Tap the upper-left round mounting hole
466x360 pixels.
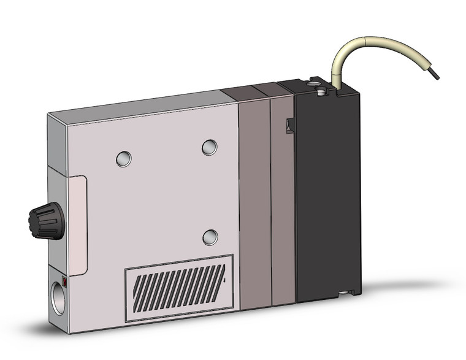[x=124, y=159]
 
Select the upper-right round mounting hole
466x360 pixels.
[x=209, y=147]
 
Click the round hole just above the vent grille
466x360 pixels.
[x=210, y=237]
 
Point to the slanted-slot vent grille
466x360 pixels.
[x=178, y=287]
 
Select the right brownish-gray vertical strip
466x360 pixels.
[x=283, y=202]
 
